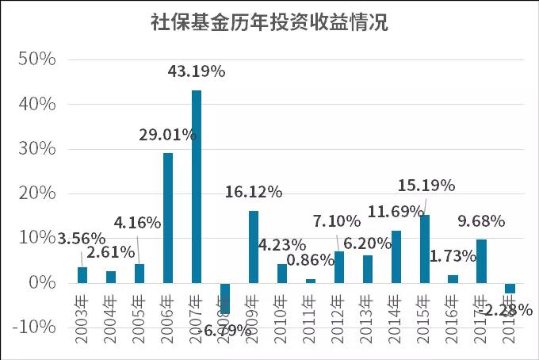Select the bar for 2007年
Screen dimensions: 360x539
(x=197, y=186)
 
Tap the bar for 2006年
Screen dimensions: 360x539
(x=168, y=217)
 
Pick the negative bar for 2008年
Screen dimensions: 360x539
(x=225, y=298)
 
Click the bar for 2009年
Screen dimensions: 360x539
(x=254, y=247)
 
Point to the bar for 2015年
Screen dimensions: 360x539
(x=425, y=249)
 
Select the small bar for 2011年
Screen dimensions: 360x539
(x=311, y=281)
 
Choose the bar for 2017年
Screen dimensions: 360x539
(x=481, y=261)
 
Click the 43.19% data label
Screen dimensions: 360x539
(x=197, y=71)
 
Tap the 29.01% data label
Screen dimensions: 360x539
(x=168, y=135)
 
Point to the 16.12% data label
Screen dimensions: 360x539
(x=254, y=192)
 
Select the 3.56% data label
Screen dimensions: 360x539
(x=82, y=238)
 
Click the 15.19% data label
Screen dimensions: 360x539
(x=426, y=186)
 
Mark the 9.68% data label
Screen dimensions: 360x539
(x=483, y=221)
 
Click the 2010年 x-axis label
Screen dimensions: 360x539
(x=282, y=320)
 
